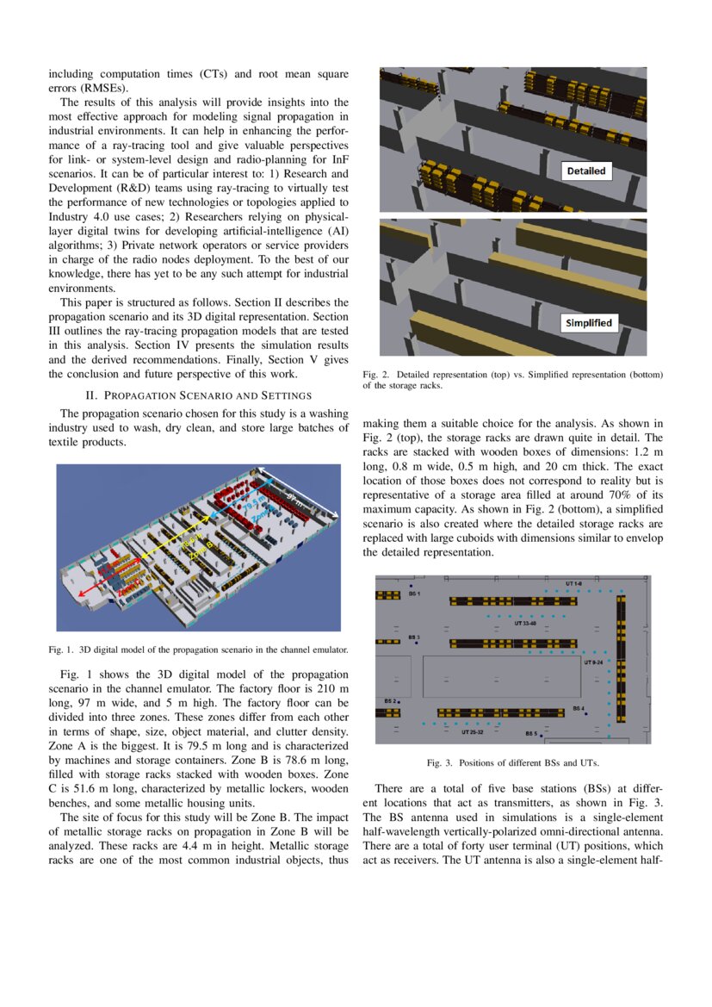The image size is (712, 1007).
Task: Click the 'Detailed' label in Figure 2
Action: tap(586, 171)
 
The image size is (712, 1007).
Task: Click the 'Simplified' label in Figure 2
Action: tap(588, 323)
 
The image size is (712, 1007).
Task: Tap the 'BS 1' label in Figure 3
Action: tap(414, 594)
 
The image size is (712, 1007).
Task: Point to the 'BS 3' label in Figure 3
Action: tap(412, 637)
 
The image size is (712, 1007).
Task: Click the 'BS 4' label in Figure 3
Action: tap(579, 708)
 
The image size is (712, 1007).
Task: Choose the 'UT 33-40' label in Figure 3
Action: tap(526, 623)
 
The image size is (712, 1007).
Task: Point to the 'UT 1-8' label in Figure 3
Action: tap(574, 584)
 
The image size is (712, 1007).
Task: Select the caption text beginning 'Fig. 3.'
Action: tap(512, 763)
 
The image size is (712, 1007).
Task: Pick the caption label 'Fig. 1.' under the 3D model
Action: tap(62, 650)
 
